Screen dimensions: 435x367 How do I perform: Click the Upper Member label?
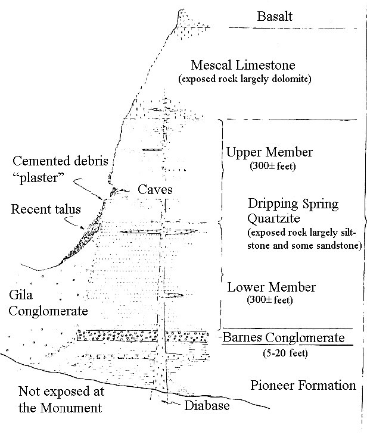pyautogui.click(x=269, y=152)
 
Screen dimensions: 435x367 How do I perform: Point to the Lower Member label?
pyautogui.click(x=271, y=287)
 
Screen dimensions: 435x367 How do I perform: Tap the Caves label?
pyautogui.click(x=155, y=190)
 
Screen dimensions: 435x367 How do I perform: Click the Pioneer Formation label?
pyautogui.click(x=303, y=385)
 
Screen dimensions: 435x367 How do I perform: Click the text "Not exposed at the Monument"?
pyautogui.click(x=61, y=399)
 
